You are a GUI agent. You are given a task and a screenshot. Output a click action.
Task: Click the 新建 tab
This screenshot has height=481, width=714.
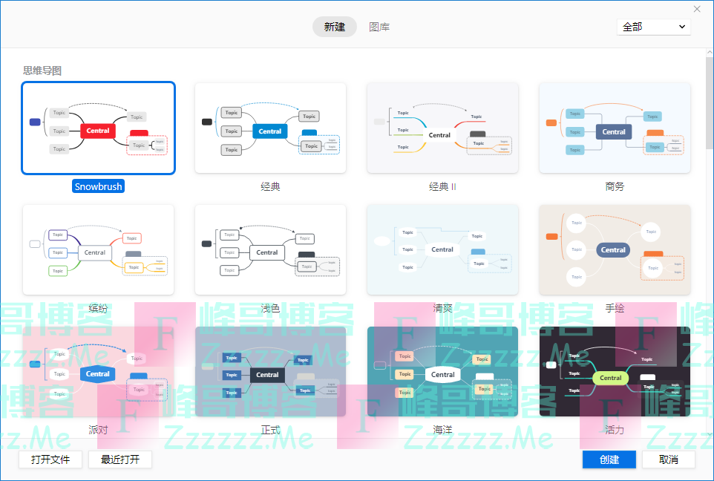pos(335,27)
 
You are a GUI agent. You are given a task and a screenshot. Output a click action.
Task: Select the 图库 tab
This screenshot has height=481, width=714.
pos(379,27)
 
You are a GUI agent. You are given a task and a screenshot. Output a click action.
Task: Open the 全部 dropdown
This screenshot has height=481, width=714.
pos(653,27)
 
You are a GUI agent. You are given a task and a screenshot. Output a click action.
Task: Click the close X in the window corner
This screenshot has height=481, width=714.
pos(697,9)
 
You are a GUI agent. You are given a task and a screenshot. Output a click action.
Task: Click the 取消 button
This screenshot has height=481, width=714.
pos(668,459)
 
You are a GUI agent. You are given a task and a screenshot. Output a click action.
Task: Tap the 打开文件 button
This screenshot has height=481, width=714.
pos(50,459)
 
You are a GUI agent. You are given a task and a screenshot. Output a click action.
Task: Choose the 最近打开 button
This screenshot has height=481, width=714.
pos(119,459)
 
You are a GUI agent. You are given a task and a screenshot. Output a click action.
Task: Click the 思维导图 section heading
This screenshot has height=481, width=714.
pos(42,71)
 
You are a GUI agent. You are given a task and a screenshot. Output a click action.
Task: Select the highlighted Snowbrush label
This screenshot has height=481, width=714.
pos(98,186)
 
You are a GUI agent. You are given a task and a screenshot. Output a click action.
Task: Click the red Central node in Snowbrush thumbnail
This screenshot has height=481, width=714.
pos(98,131)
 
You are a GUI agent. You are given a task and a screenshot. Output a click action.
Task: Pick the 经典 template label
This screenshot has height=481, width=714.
pos(270,186)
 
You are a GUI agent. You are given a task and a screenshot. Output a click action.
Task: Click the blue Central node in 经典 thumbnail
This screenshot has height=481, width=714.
pos(270,131)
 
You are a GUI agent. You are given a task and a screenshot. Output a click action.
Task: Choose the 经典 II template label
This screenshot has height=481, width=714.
pos(442,186)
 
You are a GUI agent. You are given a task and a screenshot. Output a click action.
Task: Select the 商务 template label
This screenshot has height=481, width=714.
pos(615,186)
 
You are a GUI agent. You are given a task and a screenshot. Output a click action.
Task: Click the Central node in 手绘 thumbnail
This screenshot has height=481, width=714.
pos(613,250)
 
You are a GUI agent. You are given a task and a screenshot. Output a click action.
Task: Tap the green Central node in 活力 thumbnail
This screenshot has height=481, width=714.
pos(610,378)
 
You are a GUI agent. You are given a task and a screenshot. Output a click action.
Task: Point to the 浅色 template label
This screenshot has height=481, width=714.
pos(270,307)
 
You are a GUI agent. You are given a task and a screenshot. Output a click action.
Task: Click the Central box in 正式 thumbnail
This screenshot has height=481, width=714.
pos(267,375)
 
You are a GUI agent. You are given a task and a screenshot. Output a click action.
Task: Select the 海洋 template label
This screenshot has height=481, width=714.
pos(442,429)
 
